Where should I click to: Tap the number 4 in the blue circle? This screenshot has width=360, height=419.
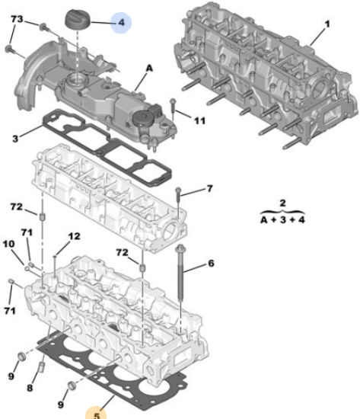click(121, 22)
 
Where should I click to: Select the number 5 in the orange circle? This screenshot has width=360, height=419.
click(97, 415)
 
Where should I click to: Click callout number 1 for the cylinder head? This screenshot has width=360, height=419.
click(327, 24)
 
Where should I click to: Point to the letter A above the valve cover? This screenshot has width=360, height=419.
click(149, 69)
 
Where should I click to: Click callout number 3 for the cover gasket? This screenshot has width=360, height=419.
click(15, 139)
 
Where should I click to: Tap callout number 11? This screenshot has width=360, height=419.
click(199, 121)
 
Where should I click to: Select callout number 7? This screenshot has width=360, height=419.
click(209, 188)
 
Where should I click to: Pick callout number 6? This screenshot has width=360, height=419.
click(211, 264)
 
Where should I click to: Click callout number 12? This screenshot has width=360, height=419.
click(74, 236)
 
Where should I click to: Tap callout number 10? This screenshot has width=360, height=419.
click(9, 244)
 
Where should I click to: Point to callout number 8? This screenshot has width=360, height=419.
click(30, 388)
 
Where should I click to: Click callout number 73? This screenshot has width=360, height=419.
click(17, 19)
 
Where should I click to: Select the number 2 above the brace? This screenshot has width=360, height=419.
click(282, 203)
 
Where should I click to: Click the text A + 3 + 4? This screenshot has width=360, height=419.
click(282, 220)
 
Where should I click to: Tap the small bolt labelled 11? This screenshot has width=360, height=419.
click(173, 109)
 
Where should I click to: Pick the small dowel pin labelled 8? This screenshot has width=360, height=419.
click(41, 367)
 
